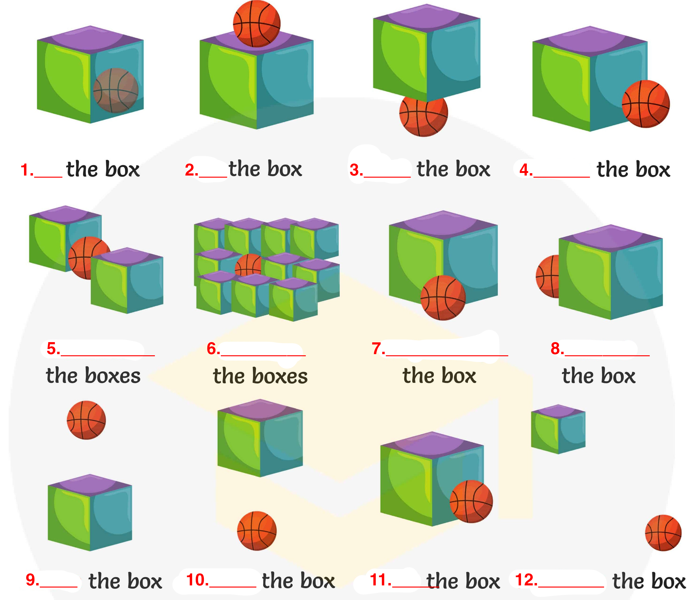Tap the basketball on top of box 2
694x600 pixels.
tap(257, 24)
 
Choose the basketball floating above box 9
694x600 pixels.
tap(86, 420)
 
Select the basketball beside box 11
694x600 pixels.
tap(471, 501)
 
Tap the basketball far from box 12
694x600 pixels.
tap(663, 533)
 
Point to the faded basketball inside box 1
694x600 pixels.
tap(116, 90)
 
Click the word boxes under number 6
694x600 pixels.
tap(280, 376)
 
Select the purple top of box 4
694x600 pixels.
tap(590, 40)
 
